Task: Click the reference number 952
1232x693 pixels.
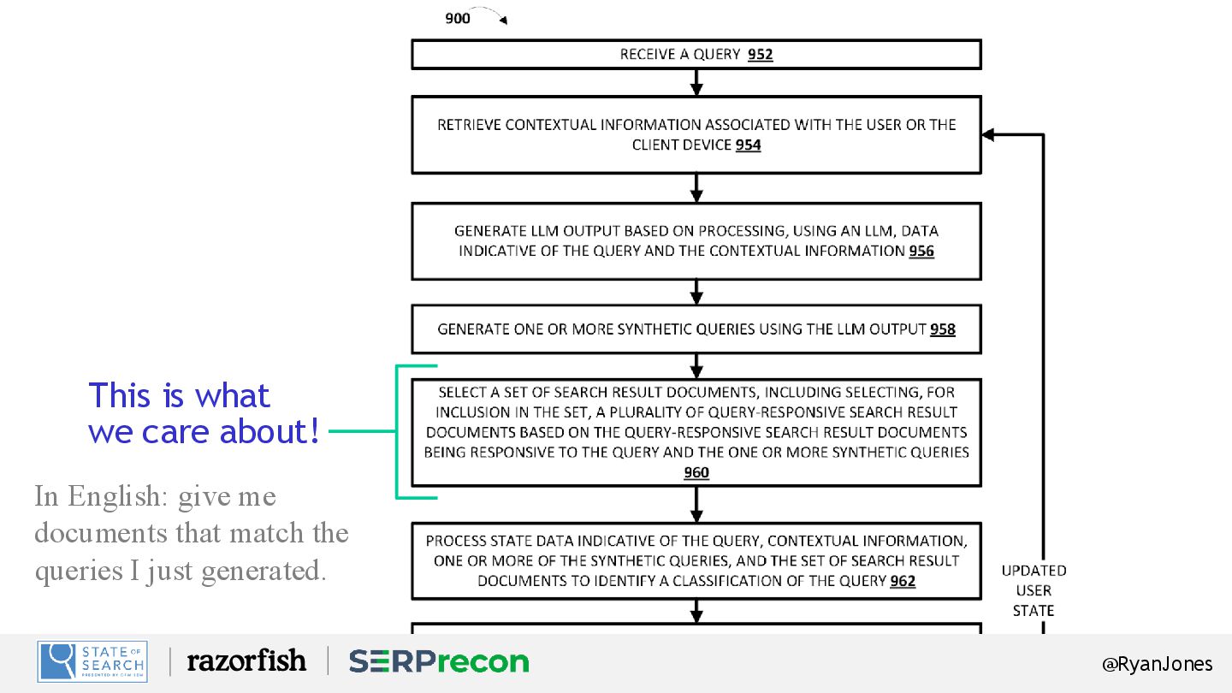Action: pos(760,55)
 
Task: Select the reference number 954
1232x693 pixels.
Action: pos(748,145)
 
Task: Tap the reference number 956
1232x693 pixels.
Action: pos(921,252)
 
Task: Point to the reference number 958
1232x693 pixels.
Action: pos(942,329)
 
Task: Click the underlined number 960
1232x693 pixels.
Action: pos(696,473)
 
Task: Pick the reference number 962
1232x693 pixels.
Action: pos(903,582)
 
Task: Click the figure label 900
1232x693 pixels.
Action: pos(458,18)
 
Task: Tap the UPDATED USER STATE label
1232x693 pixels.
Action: pos(1034,590)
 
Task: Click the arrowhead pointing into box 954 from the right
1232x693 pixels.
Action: pos(988,134)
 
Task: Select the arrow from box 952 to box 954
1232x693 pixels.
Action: pos(696,83)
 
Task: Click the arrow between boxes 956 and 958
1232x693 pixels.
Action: pos(696,293)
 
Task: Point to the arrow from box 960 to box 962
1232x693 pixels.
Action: pos(696,506)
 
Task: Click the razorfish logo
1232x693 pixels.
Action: pos(246,660)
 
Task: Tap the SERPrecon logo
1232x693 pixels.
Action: pos(438,661)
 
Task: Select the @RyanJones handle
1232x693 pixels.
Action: pos(1157,664)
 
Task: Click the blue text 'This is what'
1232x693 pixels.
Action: pos(179,395)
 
